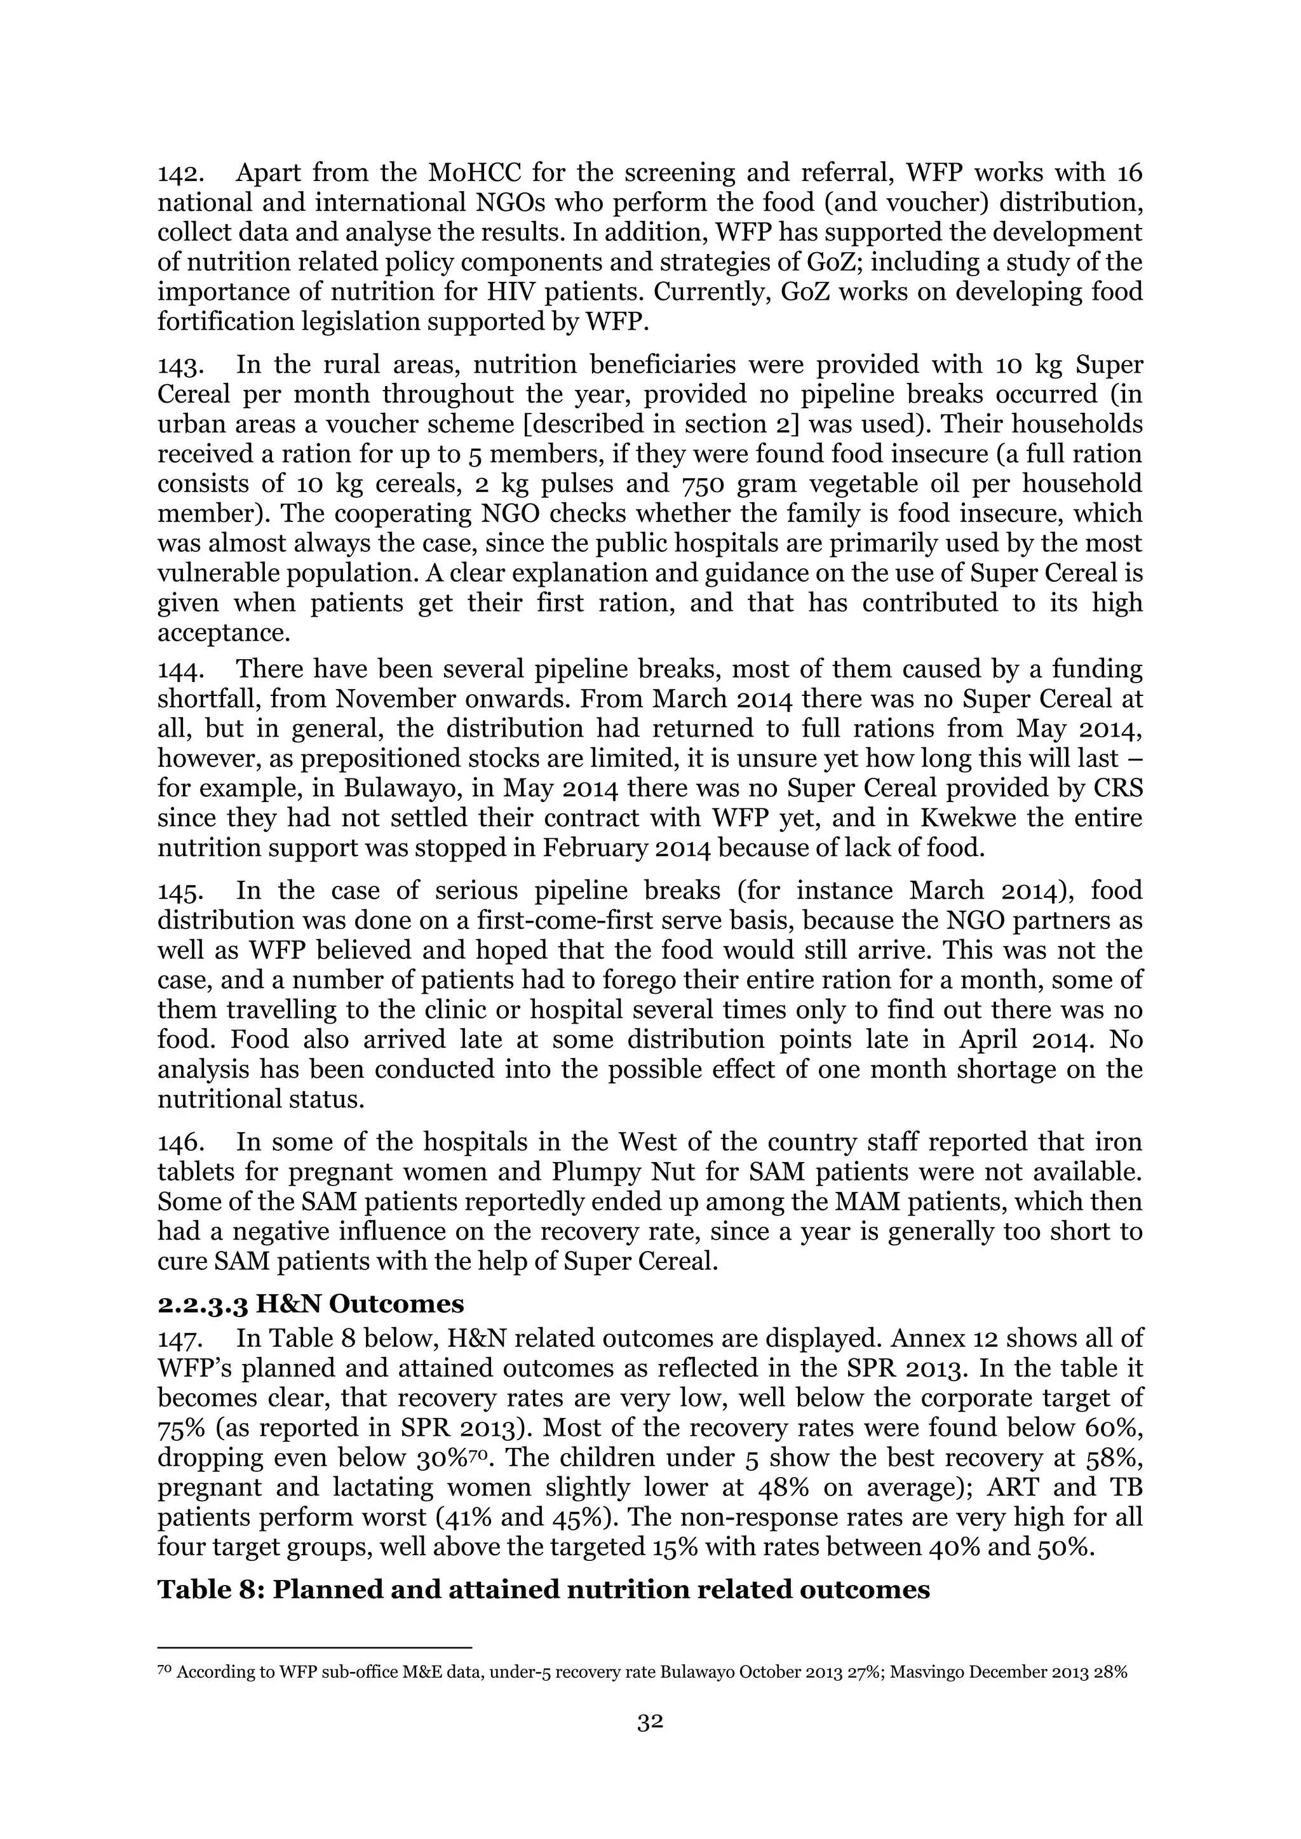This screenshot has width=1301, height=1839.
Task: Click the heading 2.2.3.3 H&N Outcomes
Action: pos(310,1304)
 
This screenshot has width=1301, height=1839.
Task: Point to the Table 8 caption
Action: pos(543,1589)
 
